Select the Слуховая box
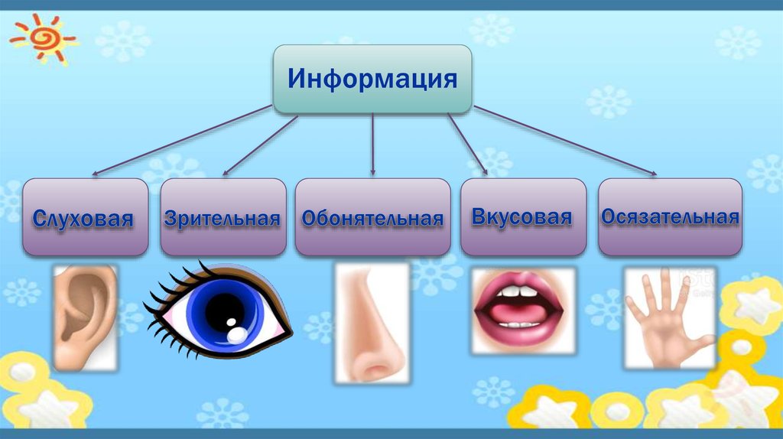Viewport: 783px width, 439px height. [85, 217]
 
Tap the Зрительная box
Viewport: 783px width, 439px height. [222, 217]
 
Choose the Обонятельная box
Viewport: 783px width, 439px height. [372, 217]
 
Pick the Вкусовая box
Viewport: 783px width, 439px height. [522, 217]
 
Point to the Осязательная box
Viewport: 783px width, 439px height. [670, 217]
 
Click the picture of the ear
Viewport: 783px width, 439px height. [85, 315]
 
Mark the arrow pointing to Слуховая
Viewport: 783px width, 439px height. [184, 141]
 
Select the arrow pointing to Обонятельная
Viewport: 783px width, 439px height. [372, 145]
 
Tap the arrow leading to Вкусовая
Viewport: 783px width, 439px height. [468, 145]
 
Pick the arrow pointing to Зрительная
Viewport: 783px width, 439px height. [260, 145]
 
